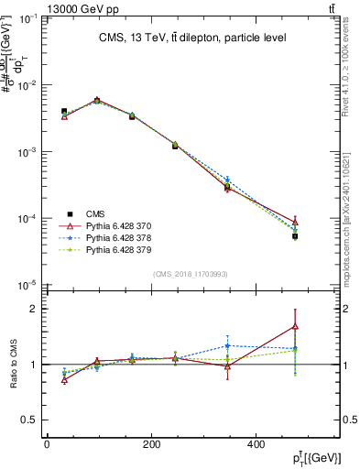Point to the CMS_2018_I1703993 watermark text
pyautogui.click(x=191, y=273)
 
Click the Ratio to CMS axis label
pyautogui.click(x=14, y=365)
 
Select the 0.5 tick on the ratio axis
pyautogui.click(x=33, y=420)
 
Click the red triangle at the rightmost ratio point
pyautogui.click(x=295, y=325)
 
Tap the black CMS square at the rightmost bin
pyautogui.click(x=295, y=236)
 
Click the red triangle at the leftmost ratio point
pyautogui.click(x=64, y=379)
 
